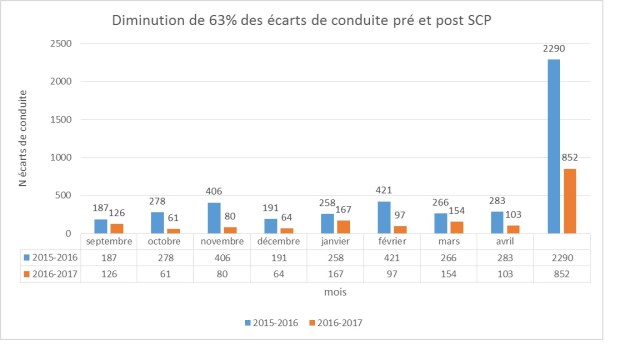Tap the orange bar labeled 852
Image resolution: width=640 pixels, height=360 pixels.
(570, 201)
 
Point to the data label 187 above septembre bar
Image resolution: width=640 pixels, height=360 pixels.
(99, 179)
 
